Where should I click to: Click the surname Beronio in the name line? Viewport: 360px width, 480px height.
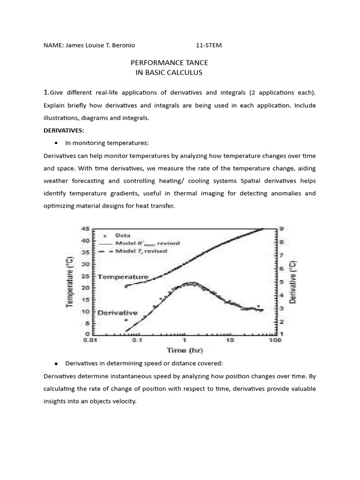[x=123, y=45]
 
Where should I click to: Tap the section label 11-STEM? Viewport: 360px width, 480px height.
[x=209, y=45]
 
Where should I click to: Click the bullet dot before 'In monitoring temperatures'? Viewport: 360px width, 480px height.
[x=56, y=143]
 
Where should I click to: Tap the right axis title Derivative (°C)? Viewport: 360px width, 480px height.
[x=293, y=281]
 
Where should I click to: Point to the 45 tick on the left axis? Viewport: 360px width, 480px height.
[x=86, y=229]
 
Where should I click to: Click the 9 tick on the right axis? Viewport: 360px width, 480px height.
[x=280, y=229]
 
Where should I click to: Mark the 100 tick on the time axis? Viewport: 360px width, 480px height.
[x=275, y=341]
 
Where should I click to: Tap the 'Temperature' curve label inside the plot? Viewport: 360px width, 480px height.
[x=123, y=277]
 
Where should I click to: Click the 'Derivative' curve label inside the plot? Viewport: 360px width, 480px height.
[x=117, y=313]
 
